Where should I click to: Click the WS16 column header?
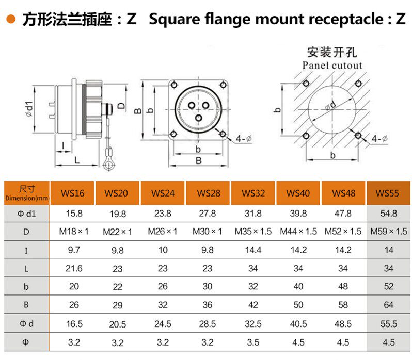click(x=72, y=194)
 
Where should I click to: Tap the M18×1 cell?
click(x=72, y=232)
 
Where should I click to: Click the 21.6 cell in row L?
click(x=72, y=268)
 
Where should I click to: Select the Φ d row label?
click(x=26, y=323)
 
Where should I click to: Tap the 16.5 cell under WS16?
click(x=72, y=323)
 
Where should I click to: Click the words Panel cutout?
click(x=332, y=66)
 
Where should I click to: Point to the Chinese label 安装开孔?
click(x=332, y=53)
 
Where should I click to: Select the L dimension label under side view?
click(x=76, y=160)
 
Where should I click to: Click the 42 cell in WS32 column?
click(x=253, y=305)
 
